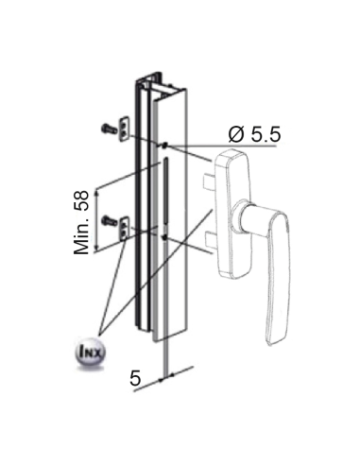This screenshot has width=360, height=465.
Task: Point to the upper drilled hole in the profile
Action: pyautogui.click(x=164, y=145)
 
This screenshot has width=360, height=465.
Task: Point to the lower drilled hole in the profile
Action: pyautogui.click(x=164, y=238)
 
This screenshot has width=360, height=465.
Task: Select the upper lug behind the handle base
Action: pyautogui.click(x=205, y=177)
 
